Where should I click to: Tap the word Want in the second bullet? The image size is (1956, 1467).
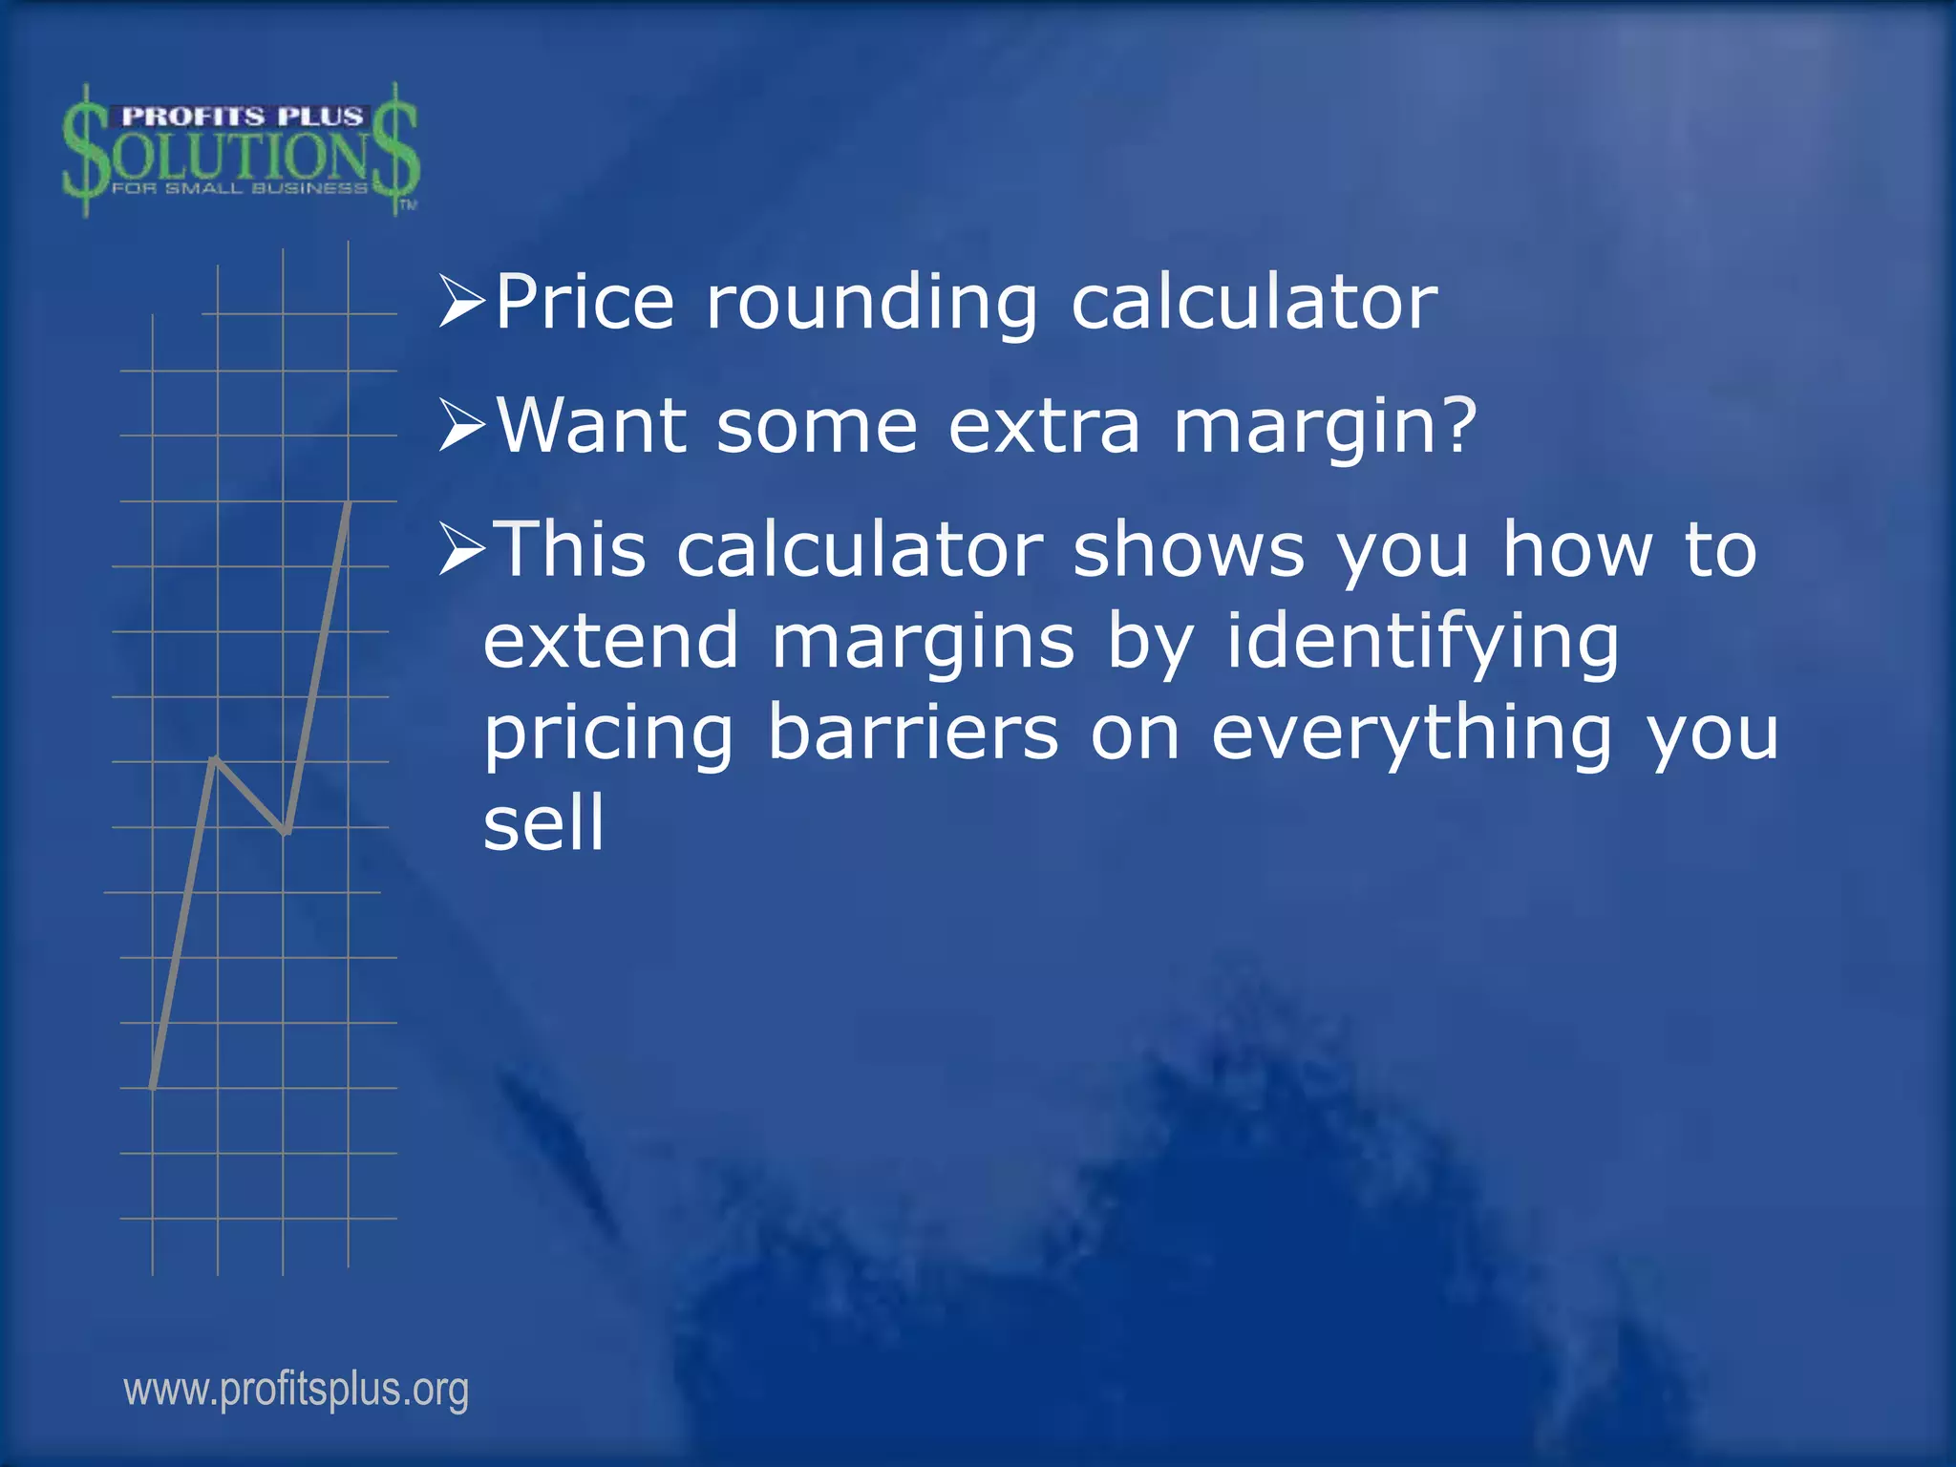(592, 425)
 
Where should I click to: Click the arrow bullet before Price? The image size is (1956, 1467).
(462, 301)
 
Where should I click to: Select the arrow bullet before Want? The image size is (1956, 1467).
(462, 426)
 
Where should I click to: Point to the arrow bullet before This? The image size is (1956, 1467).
(462, 550)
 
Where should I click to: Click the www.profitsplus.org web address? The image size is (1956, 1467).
(296, 1390)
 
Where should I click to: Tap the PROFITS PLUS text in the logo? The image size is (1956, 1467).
(243, 117)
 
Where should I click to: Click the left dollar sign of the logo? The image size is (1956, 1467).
(86, 151)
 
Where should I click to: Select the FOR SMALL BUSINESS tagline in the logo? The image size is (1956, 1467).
(240, 188)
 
